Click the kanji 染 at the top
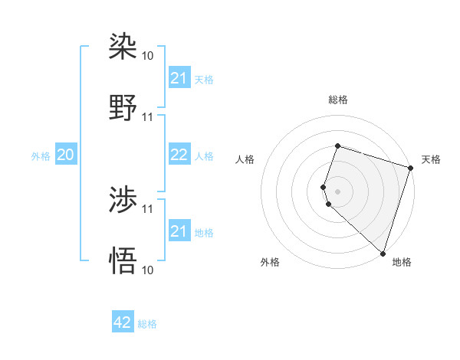point(123,47)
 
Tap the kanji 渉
point(123,200)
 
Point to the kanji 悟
point(123,261)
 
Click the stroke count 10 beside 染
point(148,56)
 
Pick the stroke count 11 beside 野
point(148,117)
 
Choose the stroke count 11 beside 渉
point(148,208)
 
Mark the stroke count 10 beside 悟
point(148,270)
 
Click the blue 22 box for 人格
point(179,155)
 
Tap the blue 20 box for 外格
point(66,155)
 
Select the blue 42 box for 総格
point(123,322)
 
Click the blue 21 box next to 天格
point(179,78)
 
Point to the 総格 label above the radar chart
point(338,100)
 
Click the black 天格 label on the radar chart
point(431,159)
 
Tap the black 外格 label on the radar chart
point(270,262)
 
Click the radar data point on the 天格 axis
point(411,168)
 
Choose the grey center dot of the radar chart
point(338,191)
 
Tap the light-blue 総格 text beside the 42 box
point(147,324)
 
